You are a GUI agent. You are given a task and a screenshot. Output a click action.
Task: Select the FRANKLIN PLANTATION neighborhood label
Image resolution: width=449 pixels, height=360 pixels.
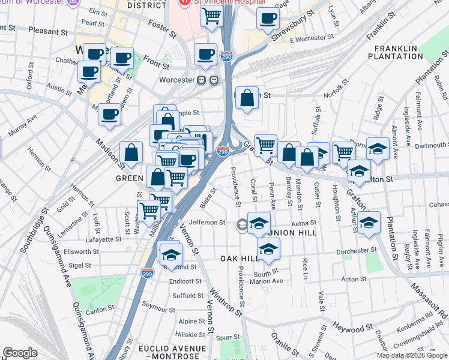tap(399, 52)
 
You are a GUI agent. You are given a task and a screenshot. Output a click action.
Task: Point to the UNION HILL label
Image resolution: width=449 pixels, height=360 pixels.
tap(296, 233)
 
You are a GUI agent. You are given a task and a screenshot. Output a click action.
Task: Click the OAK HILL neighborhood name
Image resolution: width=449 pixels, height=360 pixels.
tap(240, 258)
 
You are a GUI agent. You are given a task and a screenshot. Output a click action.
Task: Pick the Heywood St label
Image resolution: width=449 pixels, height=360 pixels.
tap(349, 329)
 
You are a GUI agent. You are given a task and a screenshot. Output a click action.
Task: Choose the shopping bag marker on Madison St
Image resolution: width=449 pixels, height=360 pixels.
tap(131, 152)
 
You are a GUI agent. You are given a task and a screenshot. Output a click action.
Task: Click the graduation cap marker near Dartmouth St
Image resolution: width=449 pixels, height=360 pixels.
tap(378, 148)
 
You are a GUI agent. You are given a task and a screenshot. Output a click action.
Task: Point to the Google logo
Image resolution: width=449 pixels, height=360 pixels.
tap(20, 353)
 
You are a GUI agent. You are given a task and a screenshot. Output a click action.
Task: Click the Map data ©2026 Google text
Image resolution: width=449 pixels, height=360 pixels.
tap(412, 355)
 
